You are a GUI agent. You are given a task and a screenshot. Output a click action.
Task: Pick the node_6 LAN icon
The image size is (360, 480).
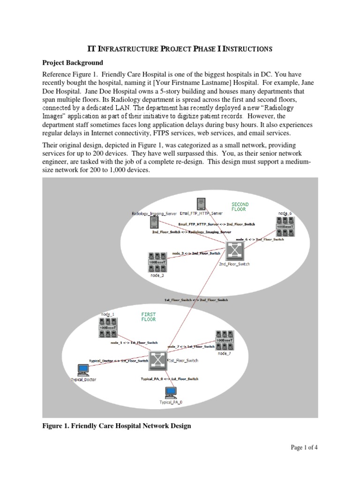(285, 226)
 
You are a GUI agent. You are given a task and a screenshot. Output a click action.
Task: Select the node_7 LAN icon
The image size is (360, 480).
(225, 340)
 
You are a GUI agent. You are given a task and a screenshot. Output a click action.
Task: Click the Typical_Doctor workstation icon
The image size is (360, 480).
(83, 370)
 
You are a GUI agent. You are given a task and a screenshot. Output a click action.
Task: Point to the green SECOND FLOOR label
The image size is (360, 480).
(240, 207)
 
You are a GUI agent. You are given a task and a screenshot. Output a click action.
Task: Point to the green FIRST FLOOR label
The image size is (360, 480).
(148, 316)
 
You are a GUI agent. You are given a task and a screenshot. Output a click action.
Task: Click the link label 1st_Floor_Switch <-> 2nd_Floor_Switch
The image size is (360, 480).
(196, 300)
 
